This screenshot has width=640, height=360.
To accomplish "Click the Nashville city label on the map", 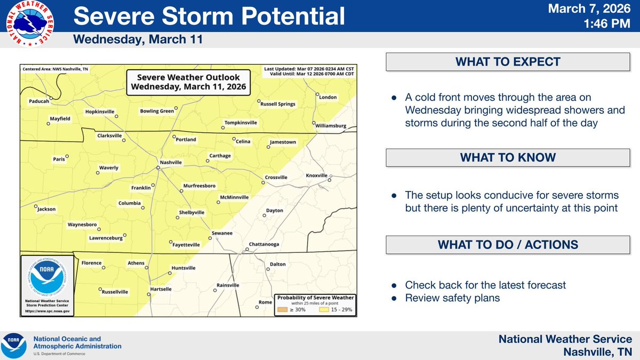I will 171,162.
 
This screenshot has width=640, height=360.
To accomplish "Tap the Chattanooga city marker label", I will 263,245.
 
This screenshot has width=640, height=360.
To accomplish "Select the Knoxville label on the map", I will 317,175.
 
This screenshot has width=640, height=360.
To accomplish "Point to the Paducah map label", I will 39,100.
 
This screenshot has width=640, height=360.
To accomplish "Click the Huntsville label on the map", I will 183,268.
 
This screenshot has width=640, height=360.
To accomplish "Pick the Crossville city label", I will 276,177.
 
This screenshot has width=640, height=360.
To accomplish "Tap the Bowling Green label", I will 157,111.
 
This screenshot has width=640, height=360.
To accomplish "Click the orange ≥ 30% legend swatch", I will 282,309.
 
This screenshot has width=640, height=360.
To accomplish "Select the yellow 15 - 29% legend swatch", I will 323,309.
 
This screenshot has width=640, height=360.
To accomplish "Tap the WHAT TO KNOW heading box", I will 507,157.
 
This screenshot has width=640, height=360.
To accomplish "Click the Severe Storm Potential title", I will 209,17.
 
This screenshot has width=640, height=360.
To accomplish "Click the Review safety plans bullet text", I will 452,298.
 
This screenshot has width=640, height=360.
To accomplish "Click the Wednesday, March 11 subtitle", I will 138,40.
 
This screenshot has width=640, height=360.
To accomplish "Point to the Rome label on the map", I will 265,302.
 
